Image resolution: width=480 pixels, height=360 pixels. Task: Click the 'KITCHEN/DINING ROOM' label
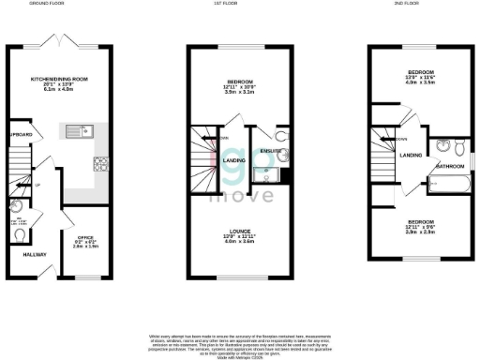58,79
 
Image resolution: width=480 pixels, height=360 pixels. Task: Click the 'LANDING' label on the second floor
411,156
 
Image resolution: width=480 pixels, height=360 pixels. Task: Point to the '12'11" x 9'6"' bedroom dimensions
420,228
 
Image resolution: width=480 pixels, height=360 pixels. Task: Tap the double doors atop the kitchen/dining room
59,39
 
